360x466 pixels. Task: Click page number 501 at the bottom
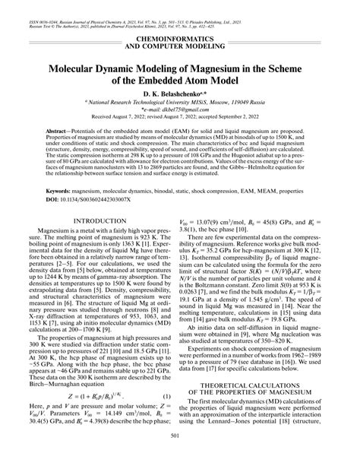(180, 456)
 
